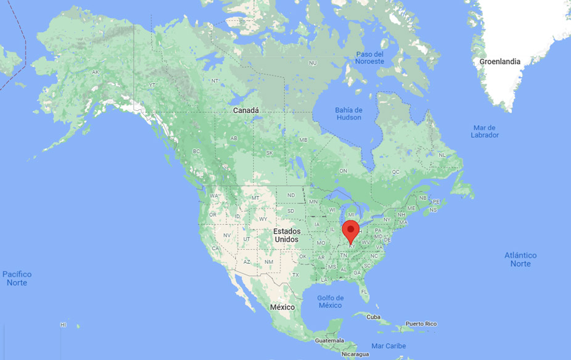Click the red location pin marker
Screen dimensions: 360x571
[x=351, y=230]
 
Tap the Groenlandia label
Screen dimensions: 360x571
[x=500, y=62]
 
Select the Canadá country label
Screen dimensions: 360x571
[x=245, y=110]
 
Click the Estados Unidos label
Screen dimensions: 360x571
[x=287, y=235]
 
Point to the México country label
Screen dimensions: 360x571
[x=282, y=307]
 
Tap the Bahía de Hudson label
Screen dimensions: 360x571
[x=348, y=114]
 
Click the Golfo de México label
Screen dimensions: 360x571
[x=330, y=301]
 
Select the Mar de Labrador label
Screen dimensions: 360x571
[x=485, y=131]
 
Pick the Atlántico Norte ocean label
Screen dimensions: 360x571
[x=520, y=260]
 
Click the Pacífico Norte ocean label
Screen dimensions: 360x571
[x=17, y=278]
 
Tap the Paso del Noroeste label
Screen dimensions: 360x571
[x=370, y=58]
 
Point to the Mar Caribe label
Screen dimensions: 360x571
[x=388, y=346]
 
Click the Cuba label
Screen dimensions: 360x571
[x=374, y=317]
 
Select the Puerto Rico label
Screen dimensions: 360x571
[x=421, y=324]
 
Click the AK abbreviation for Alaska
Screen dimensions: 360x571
[x=95, y=72]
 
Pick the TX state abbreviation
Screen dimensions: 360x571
[x=295, y=274]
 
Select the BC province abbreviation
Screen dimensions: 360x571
[x=197, y=151]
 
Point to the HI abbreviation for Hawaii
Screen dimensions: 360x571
[x=63, y=324]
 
